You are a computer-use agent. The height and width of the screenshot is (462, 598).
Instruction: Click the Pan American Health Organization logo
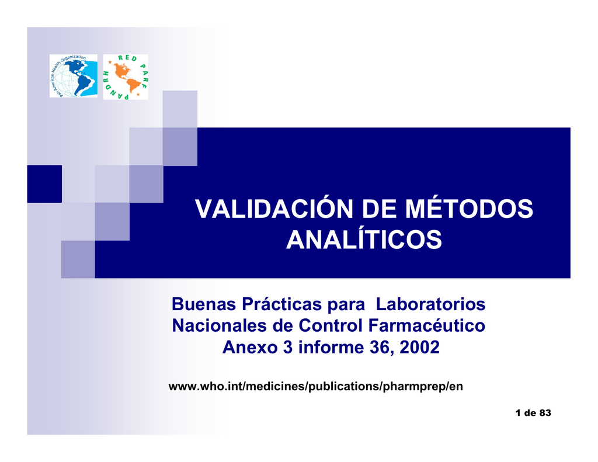(x=73, y=76)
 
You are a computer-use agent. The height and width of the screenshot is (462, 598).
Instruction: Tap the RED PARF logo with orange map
(x=126, y=77)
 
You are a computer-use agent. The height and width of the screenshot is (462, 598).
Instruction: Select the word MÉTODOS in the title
(x=469, y=209)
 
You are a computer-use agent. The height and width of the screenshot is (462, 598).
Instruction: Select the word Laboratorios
(x=430, y=304)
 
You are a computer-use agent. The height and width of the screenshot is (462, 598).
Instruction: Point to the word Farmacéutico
(x=426, y=325)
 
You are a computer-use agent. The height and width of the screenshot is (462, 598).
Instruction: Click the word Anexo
(x=250, y=347)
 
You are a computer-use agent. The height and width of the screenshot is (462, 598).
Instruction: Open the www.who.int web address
(x=316, y=387)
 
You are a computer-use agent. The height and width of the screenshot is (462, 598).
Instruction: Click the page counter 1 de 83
(x=533, y=413)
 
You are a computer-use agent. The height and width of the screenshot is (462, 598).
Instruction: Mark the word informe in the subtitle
(x=331, y=347)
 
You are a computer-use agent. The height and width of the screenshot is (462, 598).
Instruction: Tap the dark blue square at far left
(x=44, y=184)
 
